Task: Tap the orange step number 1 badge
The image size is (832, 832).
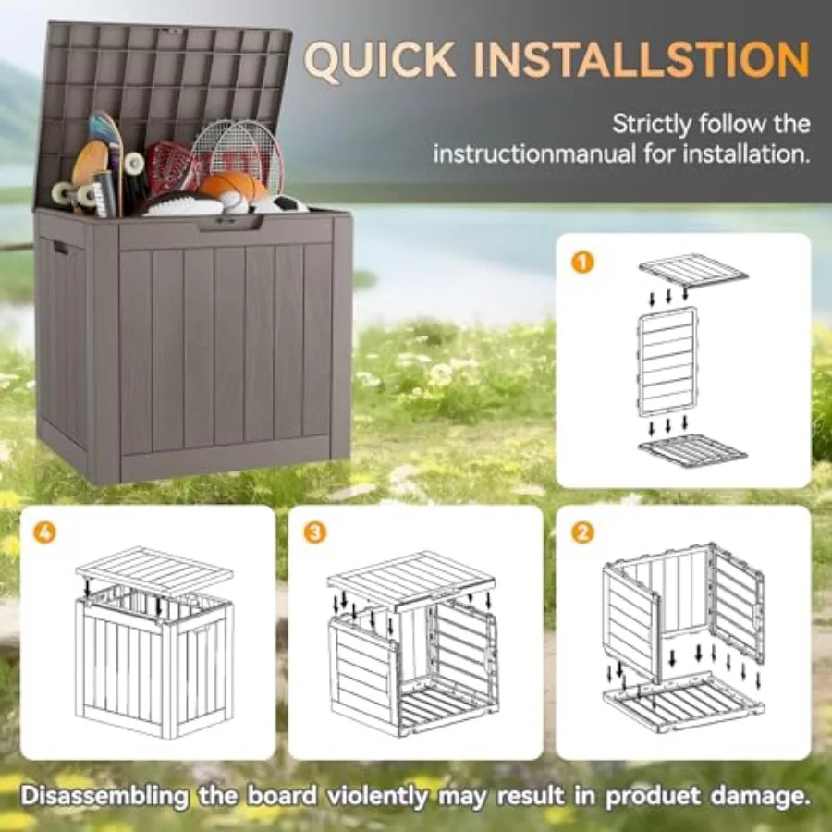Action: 581,263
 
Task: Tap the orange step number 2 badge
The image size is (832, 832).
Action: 582,533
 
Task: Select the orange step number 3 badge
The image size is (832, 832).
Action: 315,533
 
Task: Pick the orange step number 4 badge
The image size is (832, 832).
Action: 45,533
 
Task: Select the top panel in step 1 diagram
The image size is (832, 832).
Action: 692,270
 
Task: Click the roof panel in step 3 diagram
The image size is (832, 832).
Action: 410,577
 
